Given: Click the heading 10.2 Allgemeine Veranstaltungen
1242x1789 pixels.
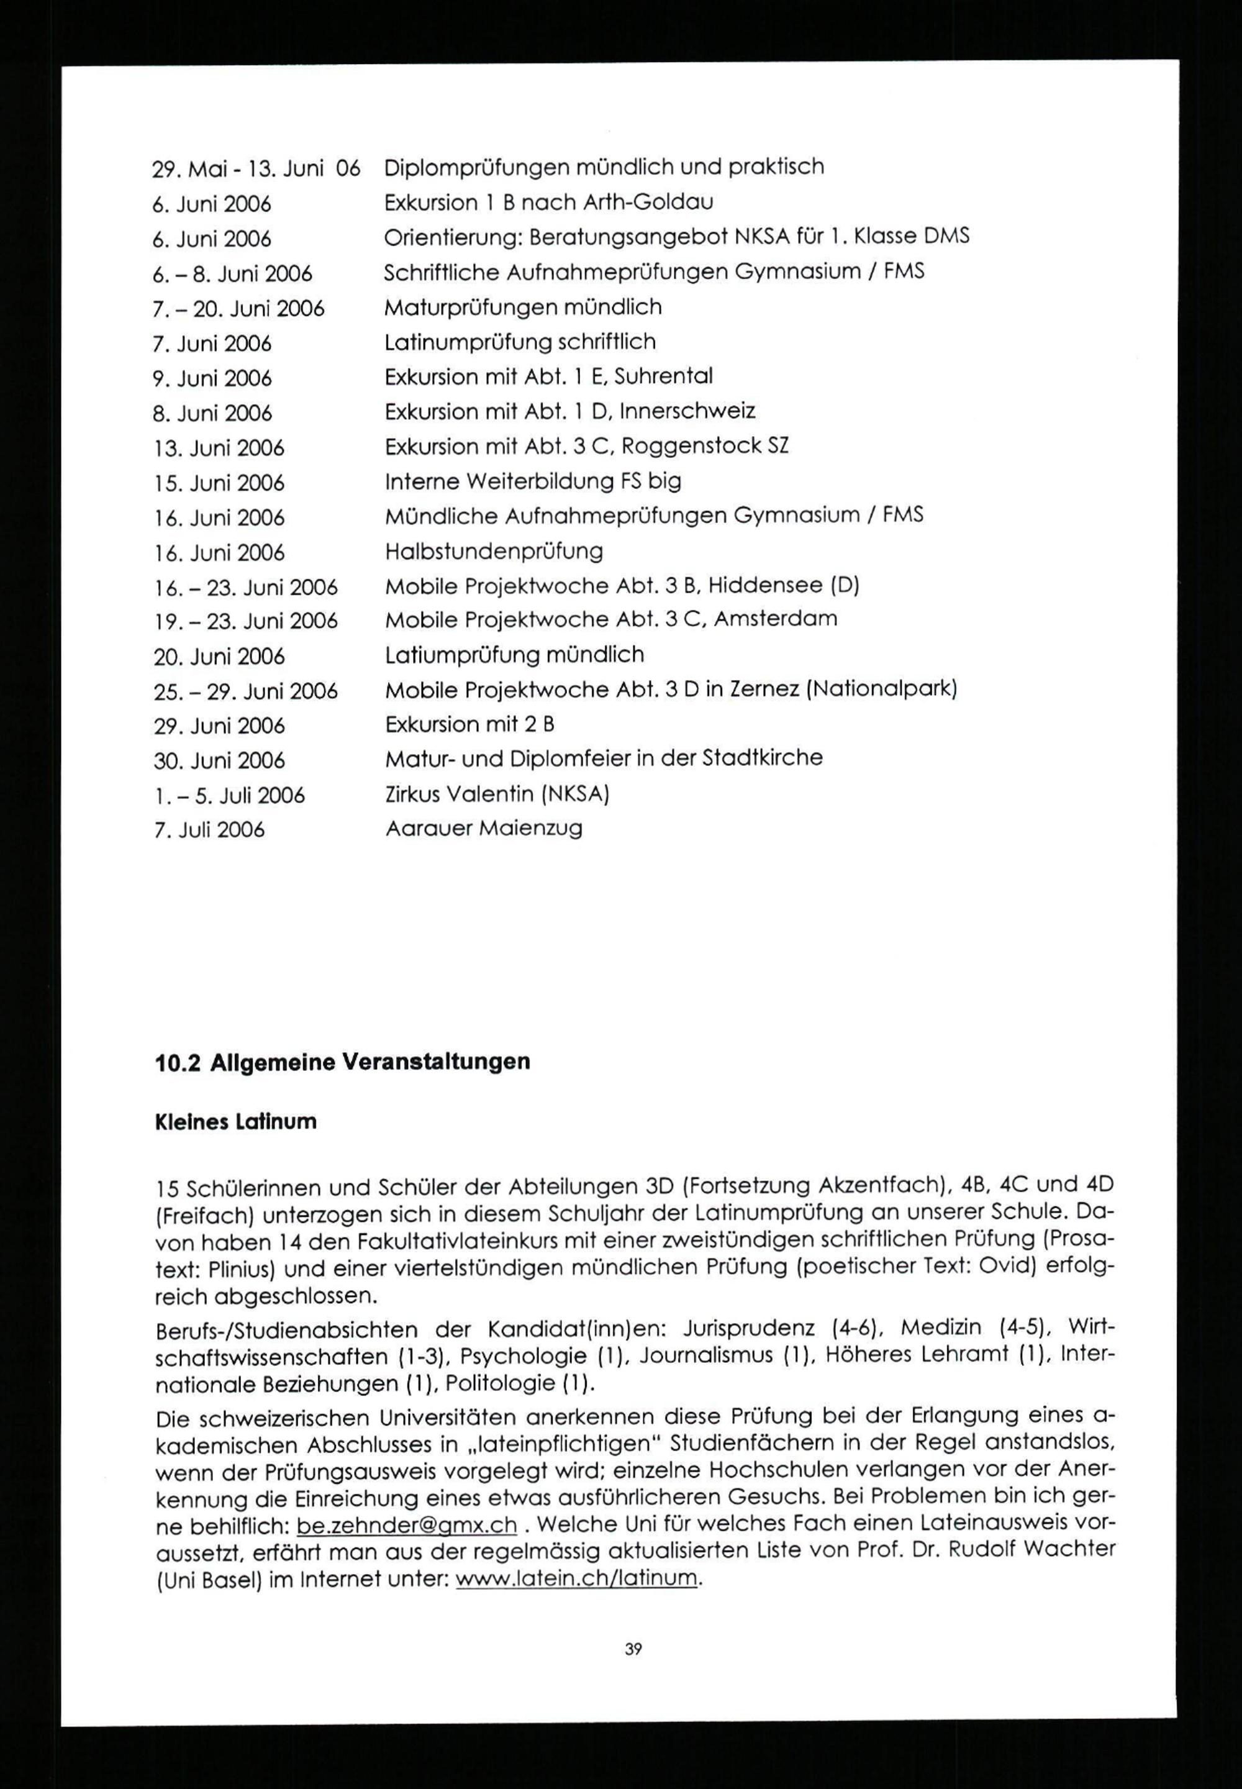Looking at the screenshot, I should click(x=342, y=1062).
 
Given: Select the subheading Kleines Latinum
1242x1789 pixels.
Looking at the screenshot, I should click(x=236, y=1122).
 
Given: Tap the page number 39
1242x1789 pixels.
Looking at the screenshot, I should click(x=633, y=1648).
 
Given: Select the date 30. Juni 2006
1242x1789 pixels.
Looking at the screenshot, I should click(x=219, y=760).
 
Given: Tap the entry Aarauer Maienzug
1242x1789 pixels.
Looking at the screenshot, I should click(x=483, y=828).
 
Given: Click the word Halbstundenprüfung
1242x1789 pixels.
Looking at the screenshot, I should click(x=493, y=552).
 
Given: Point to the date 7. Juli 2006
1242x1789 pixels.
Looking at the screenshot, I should click(x=209, y=830).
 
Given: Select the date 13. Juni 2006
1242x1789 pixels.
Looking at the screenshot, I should click(x=219, y=448).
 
